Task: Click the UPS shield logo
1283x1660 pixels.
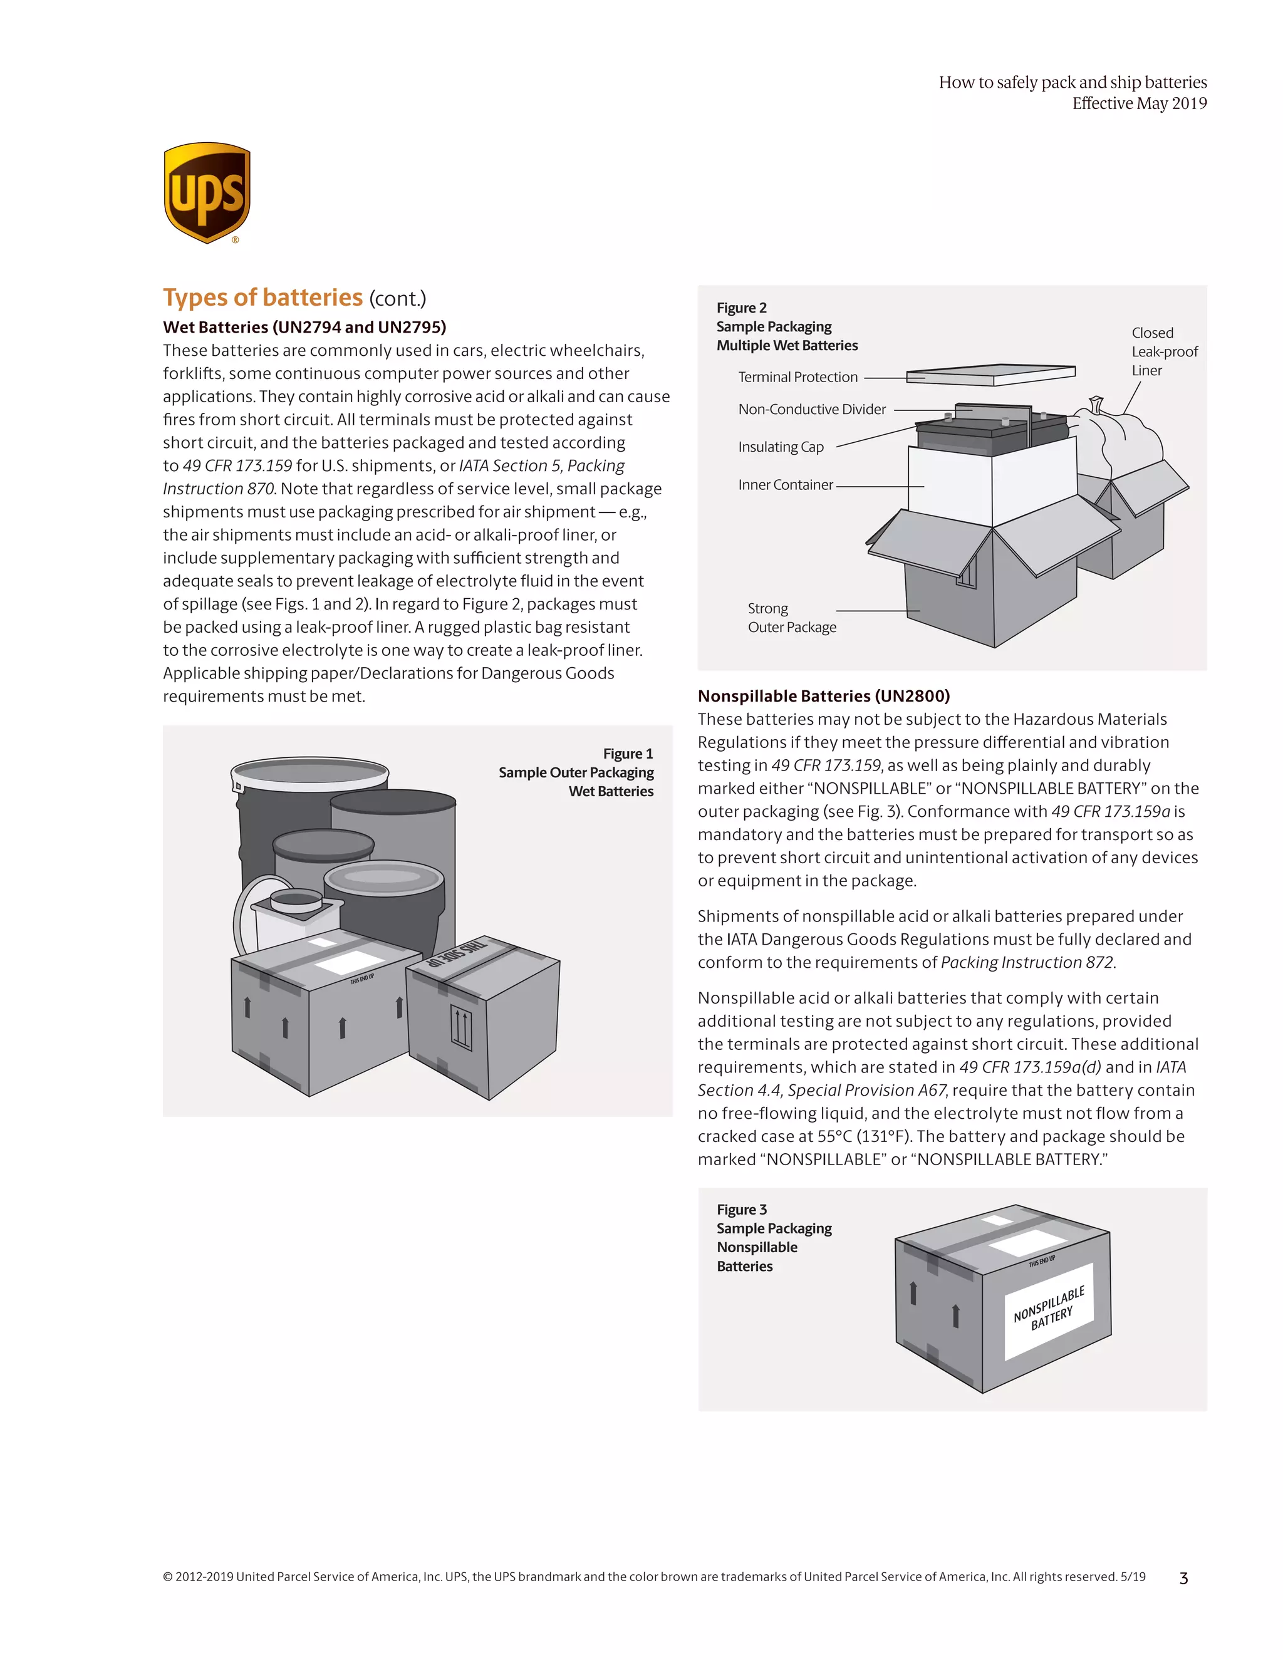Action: [x=207, y=192]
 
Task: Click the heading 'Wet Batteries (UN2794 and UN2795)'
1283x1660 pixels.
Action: [x=304, y=327]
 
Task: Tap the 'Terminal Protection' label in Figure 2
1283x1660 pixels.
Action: [x=797, y=377]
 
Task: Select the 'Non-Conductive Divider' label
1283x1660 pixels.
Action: [x=812, y=409]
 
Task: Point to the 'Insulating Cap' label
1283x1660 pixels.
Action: [x=781, y=447]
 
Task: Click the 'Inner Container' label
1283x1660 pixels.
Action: [x=785, y=485]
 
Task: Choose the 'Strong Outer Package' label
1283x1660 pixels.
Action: [x=791, y=618]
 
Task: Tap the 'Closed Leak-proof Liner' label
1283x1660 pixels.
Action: [x=1164, y=351]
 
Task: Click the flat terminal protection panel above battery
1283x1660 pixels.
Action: [x=990, y=373]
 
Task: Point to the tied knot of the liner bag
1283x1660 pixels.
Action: [x=1095, y=403]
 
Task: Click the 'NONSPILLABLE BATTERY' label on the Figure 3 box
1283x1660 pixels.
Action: [x=1049, y=1309]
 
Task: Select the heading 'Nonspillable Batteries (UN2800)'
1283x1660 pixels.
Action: [x=823, y=695]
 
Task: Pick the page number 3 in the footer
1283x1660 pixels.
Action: [x=1183, y=1579]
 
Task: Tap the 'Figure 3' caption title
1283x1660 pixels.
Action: [x=741, y=1209]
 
